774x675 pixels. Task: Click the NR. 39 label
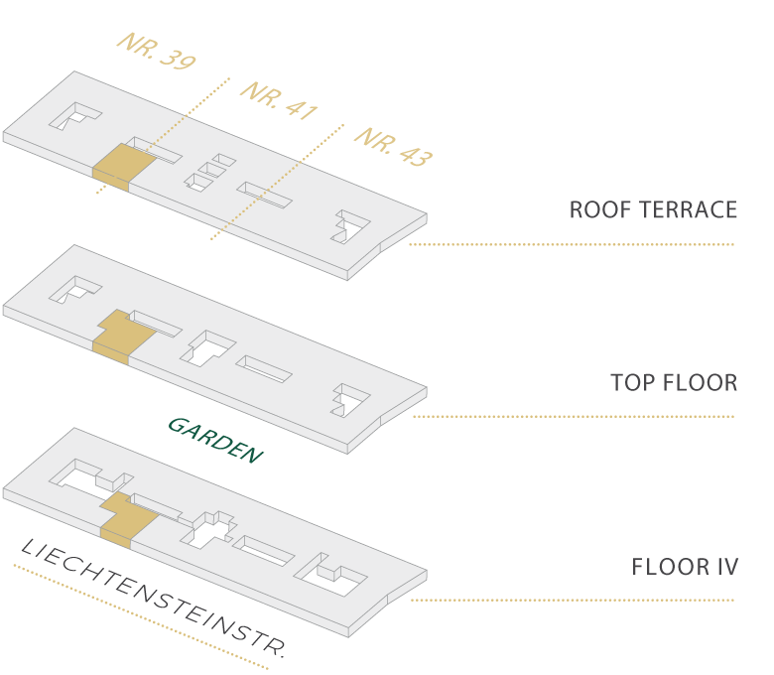point(157,51)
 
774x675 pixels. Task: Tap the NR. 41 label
point(280,100)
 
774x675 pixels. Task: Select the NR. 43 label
point(394,147)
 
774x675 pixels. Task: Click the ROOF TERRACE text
point(653,209)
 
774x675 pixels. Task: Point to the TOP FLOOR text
point(674,383)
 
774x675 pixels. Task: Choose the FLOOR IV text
point(685,567)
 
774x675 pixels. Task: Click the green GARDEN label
point(215,440)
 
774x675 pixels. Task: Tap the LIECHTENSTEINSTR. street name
point(153,598)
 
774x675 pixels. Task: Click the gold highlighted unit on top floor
point(124,337)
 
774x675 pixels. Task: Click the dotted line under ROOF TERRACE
point(572,244)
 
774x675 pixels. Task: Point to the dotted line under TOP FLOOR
point(574,417)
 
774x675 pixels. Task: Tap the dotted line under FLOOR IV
point(573,601)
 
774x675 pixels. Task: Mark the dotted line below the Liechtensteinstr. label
point(141,616)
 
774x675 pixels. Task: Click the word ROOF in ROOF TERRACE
point(594,209)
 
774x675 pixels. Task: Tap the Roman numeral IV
point(727,567)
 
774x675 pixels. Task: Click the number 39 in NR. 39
point(178,60)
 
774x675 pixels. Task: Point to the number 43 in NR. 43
point(416,156)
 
